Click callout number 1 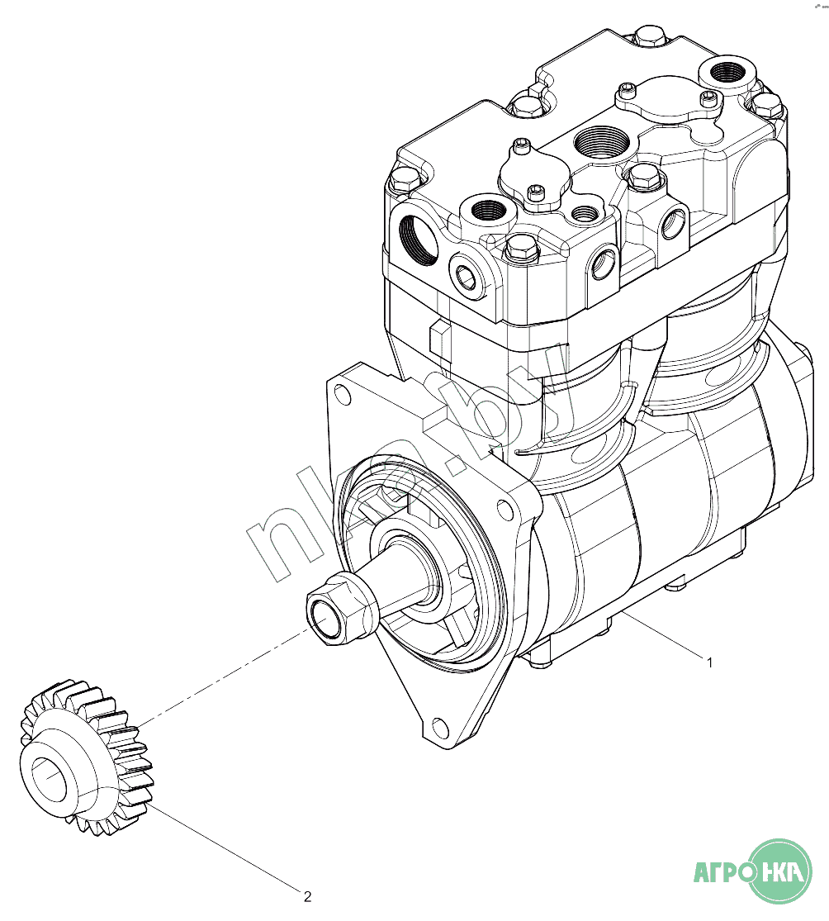tap(709, 662)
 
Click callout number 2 tap(307, 896)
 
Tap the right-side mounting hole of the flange tap(505, 509)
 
